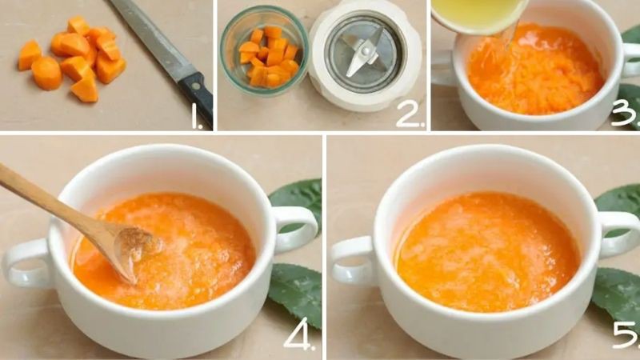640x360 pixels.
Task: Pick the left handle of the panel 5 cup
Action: (352, 260)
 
